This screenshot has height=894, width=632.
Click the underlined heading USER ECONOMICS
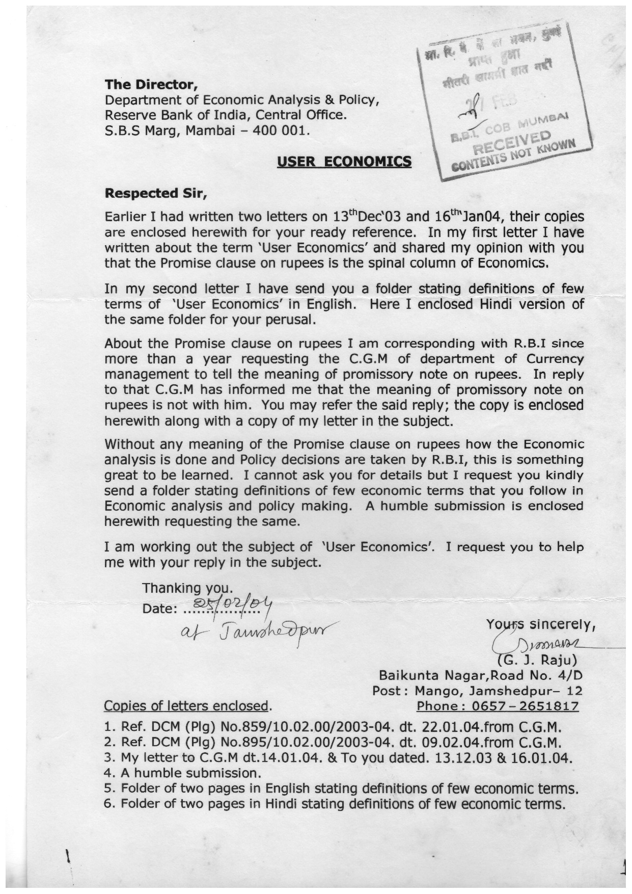click(x=344, y=162)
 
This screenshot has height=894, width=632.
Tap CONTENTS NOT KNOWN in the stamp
click(x=509, y=155)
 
